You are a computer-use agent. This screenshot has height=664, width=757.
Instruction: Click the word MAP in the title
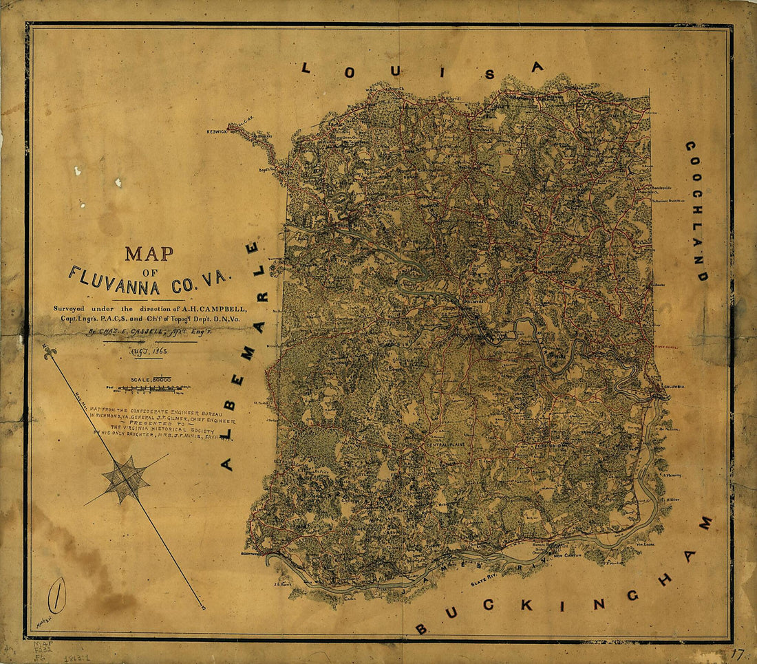coord(149,253)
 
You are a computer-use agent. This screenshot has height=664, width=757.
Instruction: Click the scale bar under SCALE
coord(149,389)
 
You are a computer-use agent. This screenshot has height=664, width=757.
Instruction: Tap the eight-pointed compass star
coord(125,480)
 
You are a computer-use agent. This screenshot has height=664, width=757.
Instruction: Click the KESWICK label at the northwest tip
coord(217,130)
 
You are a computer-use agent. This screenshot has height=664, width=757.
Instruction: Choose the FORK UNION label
coord(549,445)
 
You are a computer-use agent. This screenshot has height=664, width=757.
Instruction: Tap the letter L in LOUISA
coord(306,67)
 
